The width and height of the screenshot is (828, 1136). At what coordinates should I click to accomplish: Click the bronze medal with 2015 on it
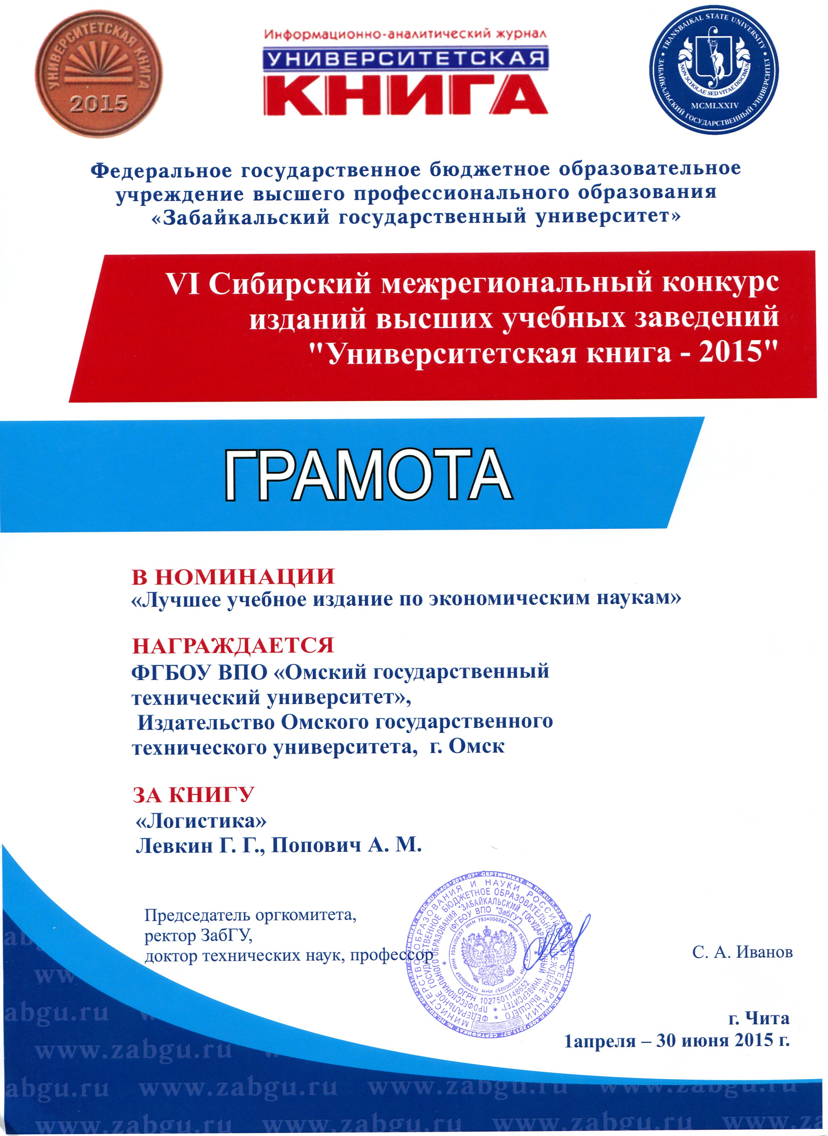(99, 74)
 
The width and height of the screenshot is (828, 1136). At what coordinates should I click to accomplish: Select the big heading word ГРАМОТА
(368, 474)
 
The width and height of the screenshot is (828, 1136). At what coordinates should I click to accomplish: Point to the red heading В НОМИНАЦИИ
(233, 577)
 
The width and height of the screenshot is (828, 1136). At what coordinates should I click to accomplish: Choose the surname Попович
(316, 846)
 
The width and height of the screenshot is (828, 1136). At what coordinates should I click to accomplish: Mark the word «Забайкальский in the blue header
(240, 217)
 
